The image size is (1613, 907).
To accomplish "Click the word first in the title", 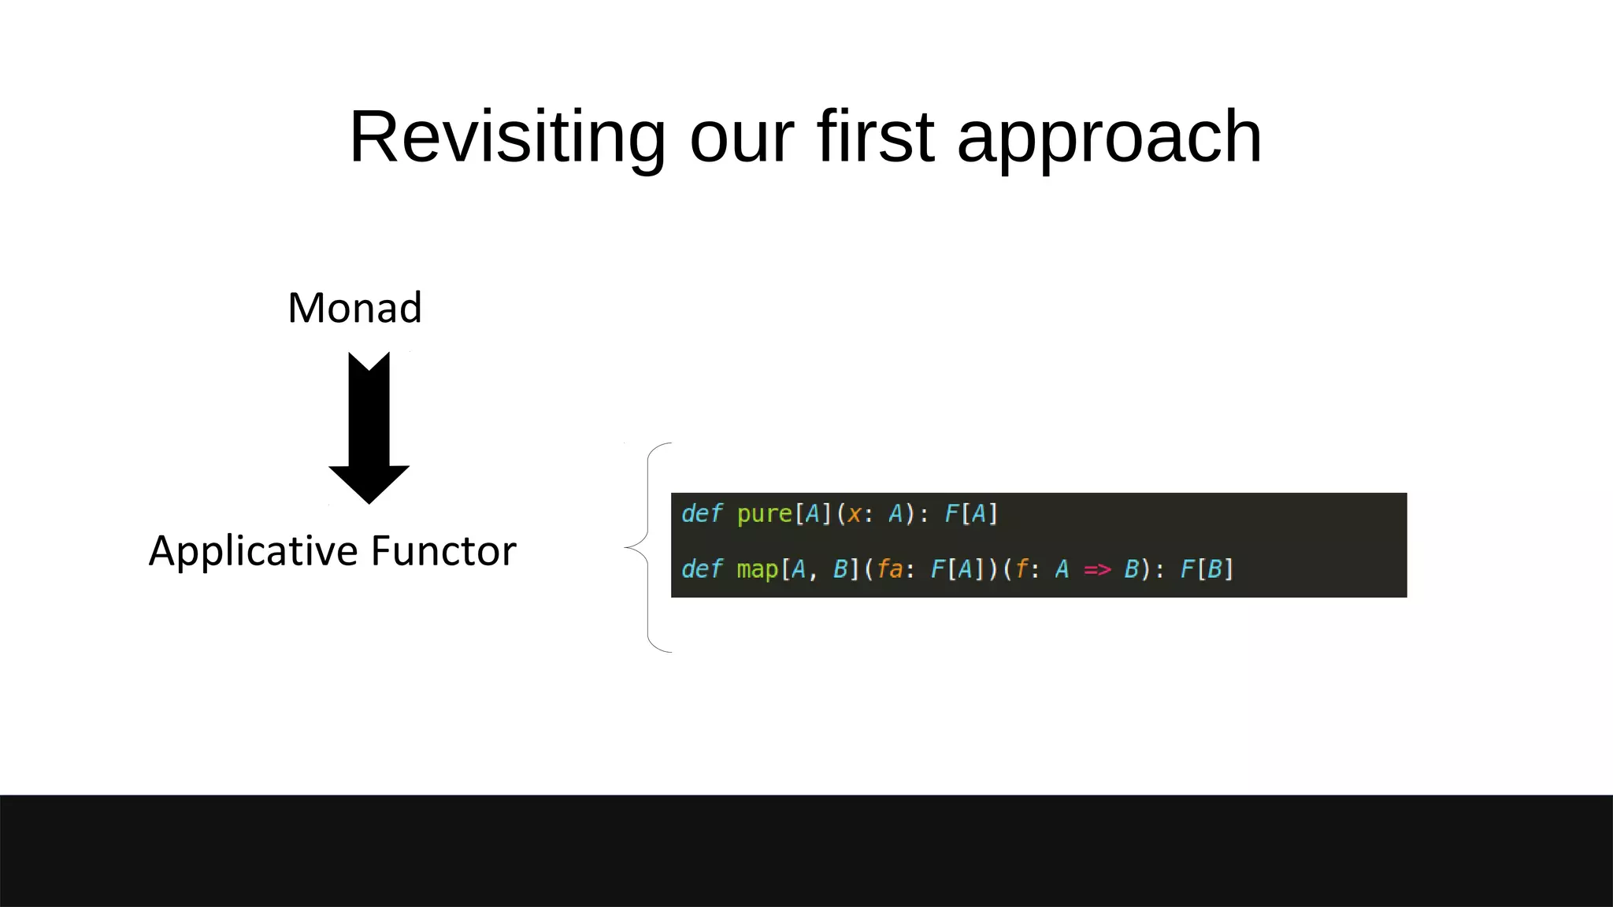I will [875, 138].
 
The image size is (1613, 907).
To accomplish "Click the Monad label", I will [354, 308].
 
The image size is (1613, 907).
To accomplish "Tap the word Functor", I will [443, 551].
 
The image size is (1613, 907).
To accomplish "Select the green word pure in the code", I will [764, 514].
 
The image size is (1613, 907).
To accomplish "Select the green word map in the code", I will [756, 568].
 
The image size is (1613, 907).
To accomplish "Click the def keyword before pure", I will [700, 513].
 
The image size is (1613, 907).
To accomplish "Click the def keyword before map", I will [700, 568].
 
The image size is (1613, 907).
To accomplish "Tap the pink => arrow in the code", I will [1097, 568].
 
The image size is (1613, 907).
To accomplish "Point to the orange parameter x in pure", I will [854, 514].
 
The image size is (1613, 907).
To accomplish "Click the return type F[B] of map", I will [1206, 568].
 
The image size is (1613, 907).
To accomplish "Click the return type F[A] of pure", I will [970, 514].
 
